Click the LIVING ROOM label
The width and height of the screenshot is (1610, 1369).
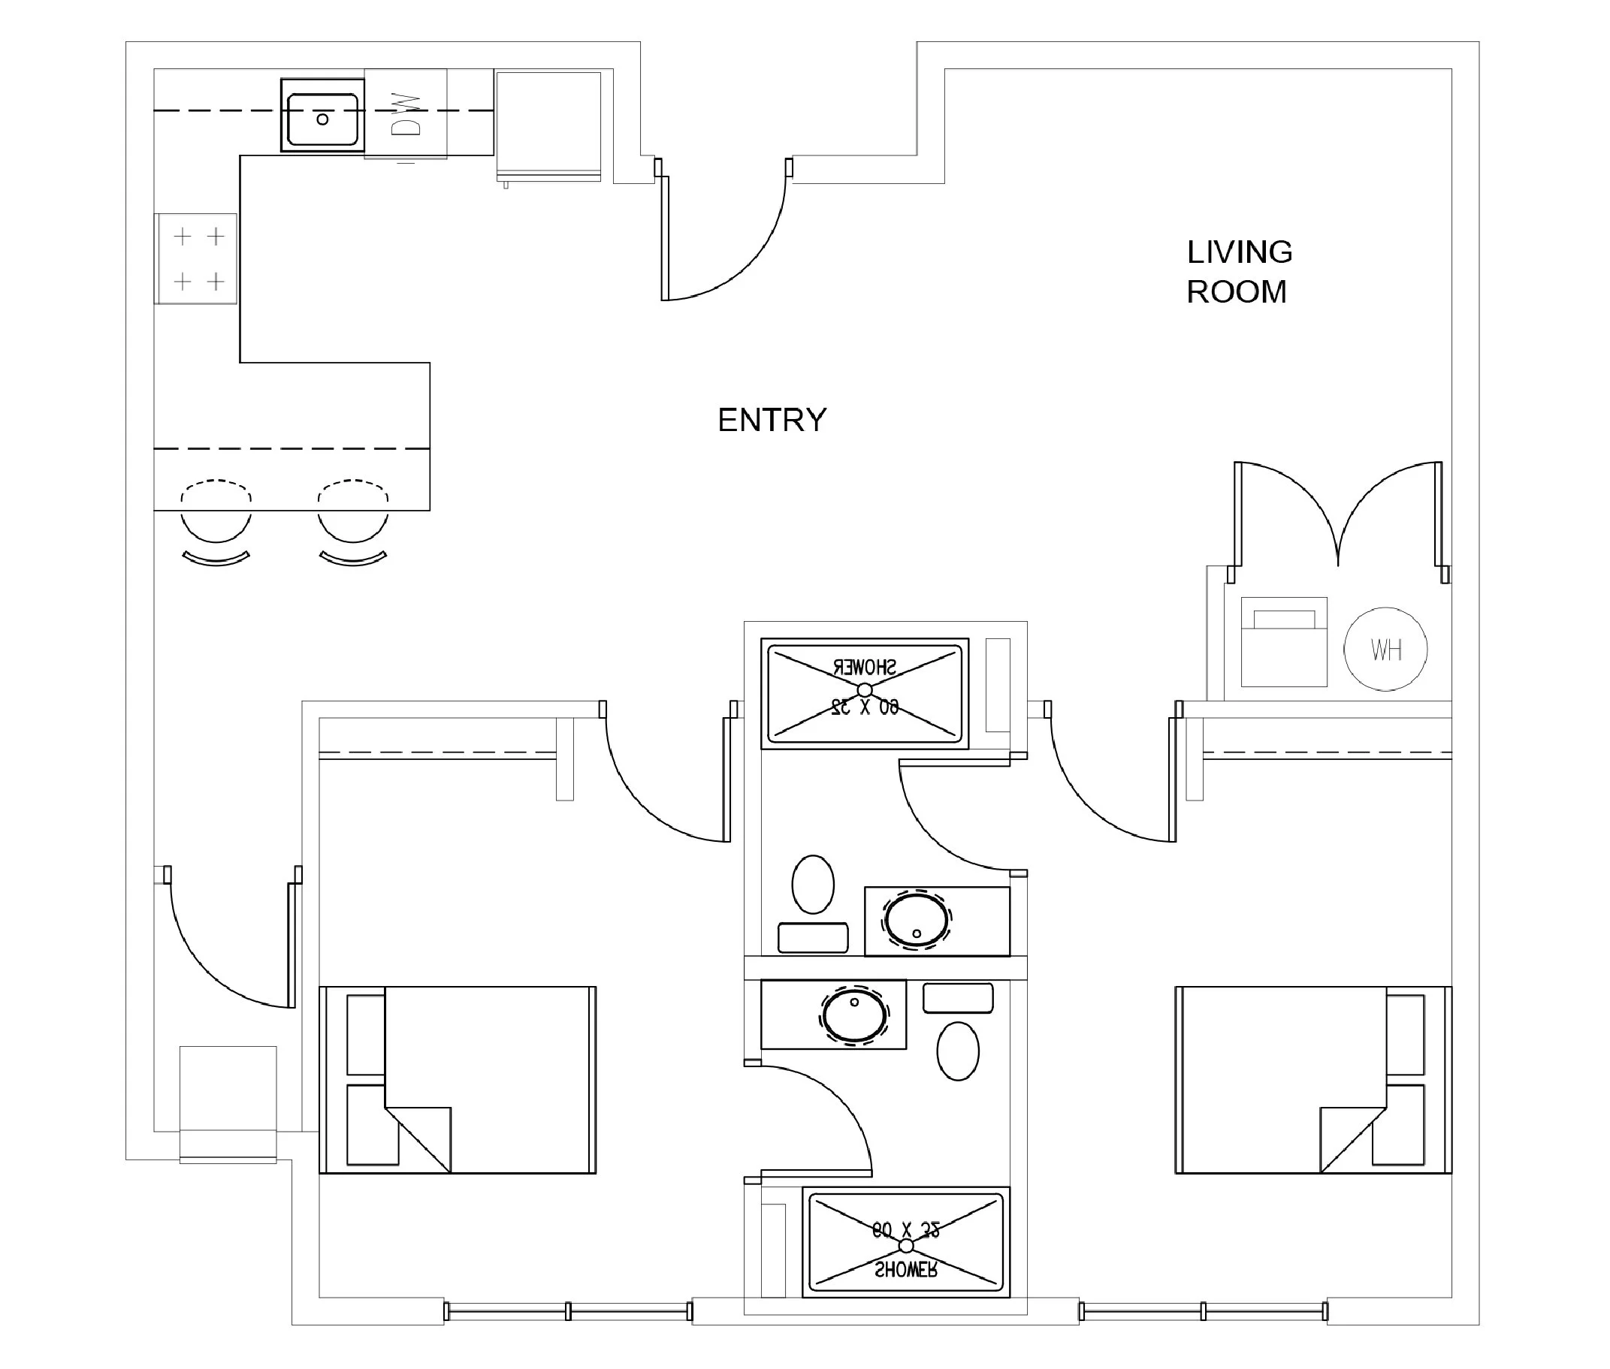point(1239,272)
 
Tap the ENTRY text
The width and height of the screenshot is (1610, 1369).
point(772,420)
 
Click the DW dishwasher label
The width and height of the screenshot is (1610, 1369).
point(406,114)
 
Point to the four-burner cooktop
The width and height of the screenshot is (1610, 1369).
point(197,258)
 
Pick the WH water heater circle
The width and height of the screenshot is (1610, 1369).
point(1385,649)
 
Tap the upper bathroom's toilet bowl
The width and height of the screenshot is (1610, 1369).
point(813,884)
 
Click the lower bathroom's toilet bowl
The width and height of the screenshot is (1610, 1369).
point(958,1051)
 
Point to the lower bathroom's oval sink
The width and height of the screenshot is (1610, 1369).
point(854,1015)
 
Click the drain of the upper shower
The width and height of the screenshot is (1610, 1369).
point(865,690)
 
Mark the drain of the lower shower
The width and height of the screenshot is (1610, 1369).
point(906,1246)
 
